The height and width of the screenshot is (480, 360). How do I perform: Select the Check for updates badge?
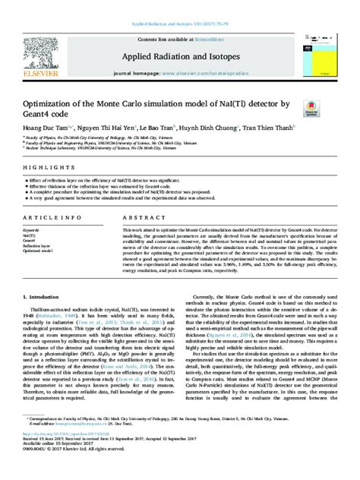pyautogui.click(x=311, y=111)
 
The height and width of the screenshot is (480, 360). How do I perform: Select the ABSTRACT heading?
pyautogui.click(x=139, y=217)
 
